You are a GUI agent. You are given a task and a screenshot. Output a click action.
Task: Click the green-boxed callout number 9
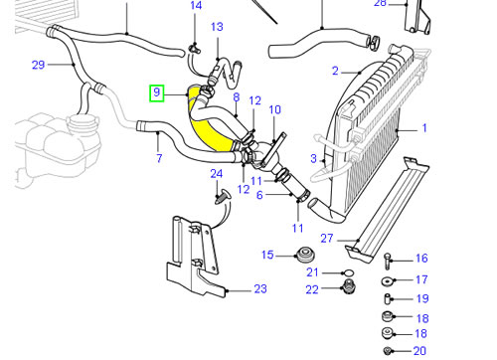tap(157, 92)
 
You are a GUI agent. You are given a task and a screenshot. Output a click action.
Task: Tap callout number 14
tap(196, 6)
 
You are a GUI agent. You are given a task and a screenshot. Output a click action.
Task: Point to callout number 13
tap(217, 27)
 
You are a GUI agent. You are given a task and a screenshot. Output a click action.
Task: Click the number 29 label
tap(38, 65)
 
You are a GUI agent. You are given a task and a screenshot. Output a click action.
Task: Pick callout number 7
tap(159, 158)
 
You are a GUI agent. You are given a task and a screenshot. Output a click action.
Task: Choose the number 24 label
tap(217, 174)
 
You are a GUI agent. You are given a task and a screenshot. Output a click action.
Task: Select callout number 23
tap(260, 289)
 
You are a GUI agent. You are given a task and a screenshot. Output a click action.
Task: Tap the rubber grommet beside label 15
tap(304, 256)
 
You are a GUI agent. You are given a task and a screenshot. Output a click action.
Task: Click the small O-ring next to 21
tap(348, 273)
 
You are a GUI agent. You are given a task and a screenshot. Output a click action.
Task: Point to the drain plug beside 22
tap(348, 286)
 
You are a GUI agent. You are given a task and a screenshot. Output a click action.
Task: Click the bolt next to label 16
tap(388, 261)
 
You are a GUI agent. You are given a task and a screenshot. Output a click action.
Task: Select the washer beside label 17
tap(388, 281)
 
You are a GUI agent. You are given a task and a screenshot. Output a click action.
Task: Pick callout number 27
tap(327, 239)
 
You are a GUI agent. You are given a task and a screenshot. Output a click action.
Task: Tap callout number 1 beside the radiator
tap(424, 128)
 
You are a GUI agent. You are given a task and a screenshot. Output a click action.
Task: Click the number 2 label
tap(335, 71)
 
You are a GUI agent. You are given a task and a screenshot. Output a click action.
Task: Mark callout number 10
tap(275, 109)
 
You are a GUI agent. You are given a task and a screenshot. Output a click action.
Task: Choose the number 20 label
tap(419, 351)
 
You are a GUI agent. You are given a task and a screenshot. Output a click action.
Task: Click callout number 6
tap(259, 195)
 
